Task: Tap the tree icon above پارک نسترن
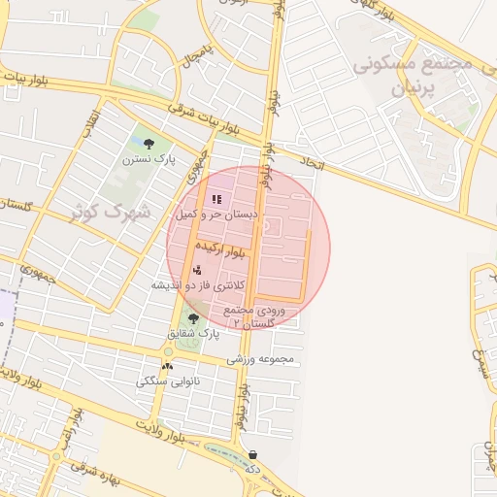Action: (148, 144)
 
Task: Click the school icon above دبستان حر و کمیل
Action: (215, 199)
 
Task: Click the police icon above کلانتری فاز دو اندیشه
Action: (197, 270)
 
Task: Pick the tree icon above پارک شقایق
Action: (193, 317)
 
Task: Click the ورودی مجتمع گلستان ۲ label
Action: (255, 315)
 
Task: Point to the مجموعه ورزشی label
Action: (260, 359)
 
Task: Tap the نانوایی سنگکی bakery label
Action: (169, 381)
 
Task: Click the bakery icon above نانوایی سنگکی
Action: (168, 366)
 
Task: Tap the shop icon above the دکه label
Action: (252, 454)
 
